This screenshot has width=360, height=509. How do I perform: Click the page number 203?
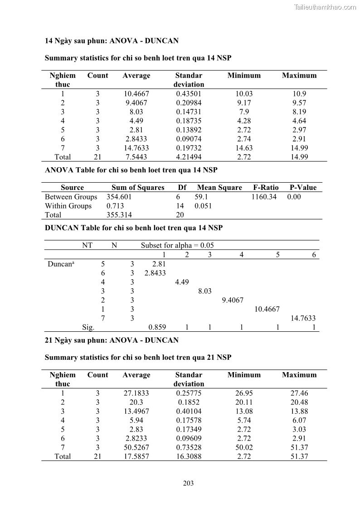(188, 483)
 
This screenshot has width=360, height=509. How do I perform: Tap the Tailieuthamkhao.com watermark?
(325, 7)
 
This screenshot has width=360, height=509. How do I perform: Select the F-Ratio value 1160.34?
(264, 197)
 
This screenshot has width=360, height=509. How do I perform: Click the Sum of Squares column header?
(138, 188)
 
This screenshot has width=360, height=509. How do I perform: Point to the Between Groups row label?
(71, 197)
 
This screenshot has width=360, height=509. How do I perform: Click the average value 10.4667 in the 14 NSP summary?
(136, 94)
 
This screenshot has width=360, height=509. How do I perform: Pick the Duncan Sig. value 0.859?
(157, 327)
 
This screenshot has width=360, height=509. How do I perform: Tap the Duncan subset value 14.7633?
(303, 318)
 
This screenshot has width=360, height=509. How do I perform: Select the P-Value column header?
(303, 188)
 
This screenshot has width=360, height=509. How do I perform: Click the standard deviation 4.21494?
(189, 157)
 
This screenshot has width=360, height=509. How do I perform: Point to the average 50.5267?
(136, 447)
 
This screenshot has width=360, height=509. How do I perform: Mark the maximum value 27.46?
(299, 393)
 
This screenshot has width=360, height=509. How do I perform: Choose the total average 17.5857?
(136, 456)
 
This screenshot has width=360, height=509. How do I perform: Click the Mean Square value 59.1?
(201, 197)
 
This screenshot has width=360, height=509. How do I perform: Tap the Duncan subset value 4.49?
(182, 282)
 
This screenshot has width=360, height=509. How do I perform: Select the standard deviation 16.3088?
(189, 456)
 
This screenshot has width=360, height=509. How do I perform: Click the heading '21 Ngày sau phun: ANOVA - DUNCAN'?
(112, 340)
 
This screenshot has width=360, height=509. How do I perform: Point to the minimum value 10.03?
(244, 94)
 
